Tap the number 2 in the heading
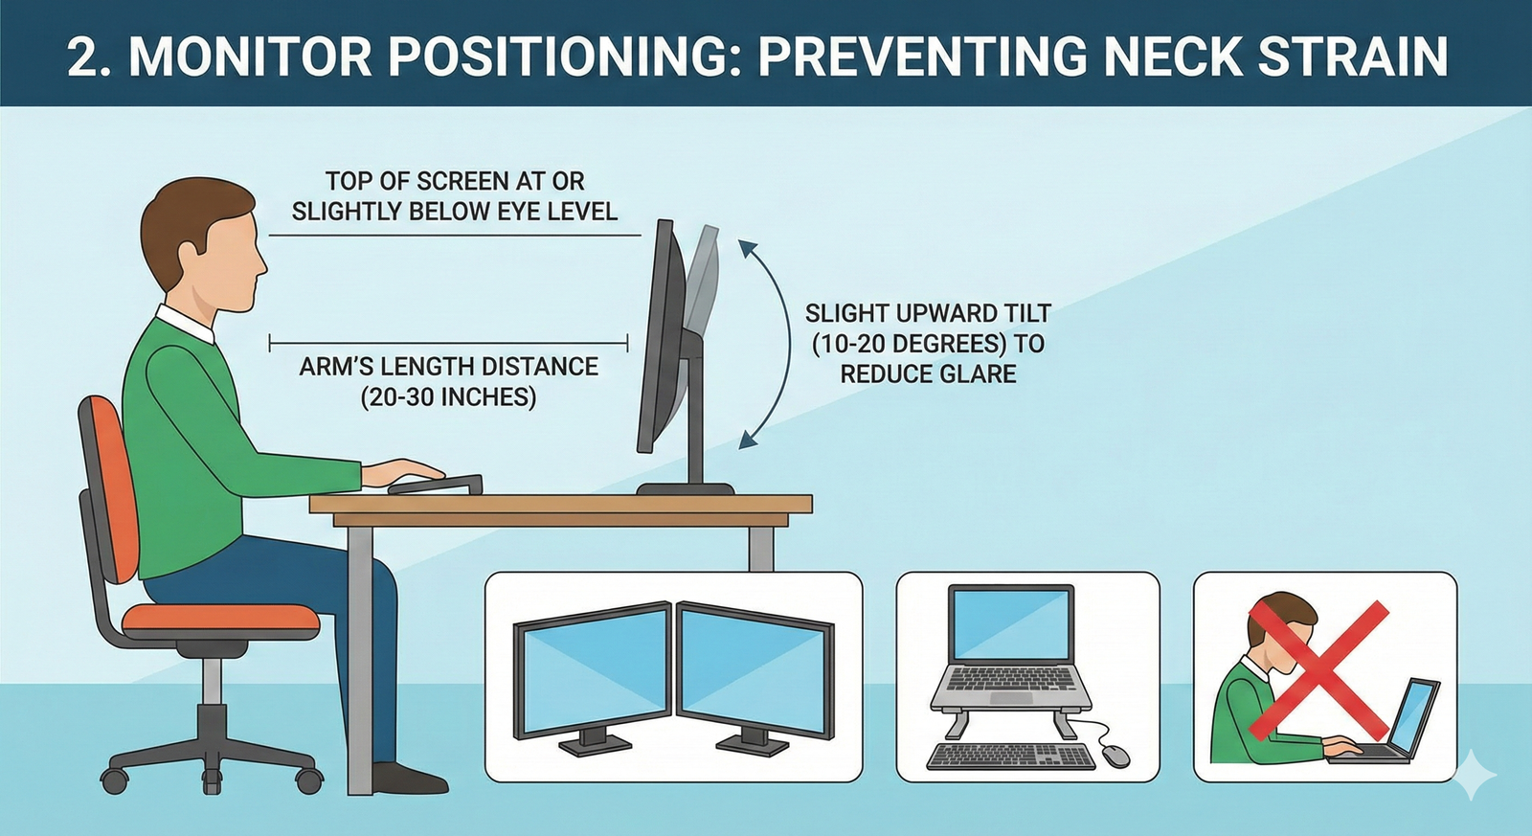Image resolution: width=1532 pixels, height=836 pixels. pyautogui.click(x=83, y=56)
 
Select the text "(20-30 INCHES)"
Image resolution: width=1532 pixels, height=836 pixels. pyautogui.click(x=448, y=396)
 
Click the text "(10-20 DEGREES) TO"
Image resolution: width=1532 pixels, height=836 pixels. pyautogui.click(x=928, y=344)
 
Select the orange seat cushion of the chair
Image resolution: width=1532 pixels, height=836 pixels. pyautogui.click(x=221, y=619)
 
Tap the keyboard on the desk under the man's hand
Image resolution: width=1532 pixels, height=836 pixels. pyautogui.click(x=436, y=484)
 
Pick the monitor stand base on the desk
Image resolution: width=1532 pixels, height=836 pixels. pyautogui.click(x=686, y=488)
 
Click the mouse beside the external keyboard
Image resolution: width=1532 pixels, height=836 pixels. pyautogui.click(x=1115, y=757)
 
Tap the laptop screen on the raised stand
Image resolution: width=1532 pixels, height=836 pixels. pyautogui.click(x=1009, y=623)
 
